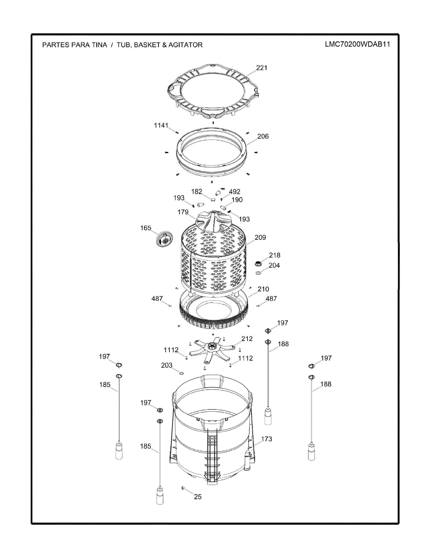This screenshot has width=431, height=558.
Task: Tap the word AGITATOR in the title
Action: point(185,45)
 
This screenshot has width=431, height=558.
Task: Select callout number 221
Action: point(261,68)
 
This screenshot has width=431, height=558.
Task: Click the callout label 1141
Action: point(161,125)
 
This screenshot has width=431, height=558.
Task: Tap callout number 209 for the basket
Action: point(260,237)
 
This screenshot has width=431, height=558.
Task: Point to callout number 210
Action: point(263,289)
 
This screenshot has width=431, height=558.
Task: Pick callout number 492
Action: point(234,192)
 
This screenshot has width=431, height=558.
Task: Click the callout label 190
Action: point(237,200)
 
